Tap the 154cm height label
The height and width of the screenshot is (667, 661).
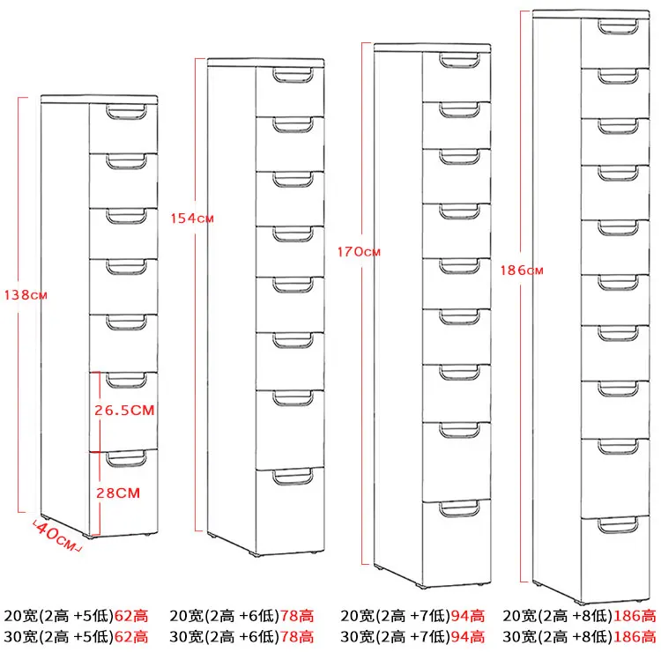[191, 218]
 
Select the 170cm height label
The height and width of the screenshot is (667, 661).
[359, 251]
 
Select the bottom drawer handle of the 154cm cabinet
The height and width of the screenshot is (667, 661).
[291, 477]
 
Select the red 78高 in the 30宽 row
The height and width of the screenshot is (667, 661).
[296, 635]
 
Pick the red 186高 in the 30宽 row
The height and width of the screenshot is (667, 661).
[635, 635]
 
